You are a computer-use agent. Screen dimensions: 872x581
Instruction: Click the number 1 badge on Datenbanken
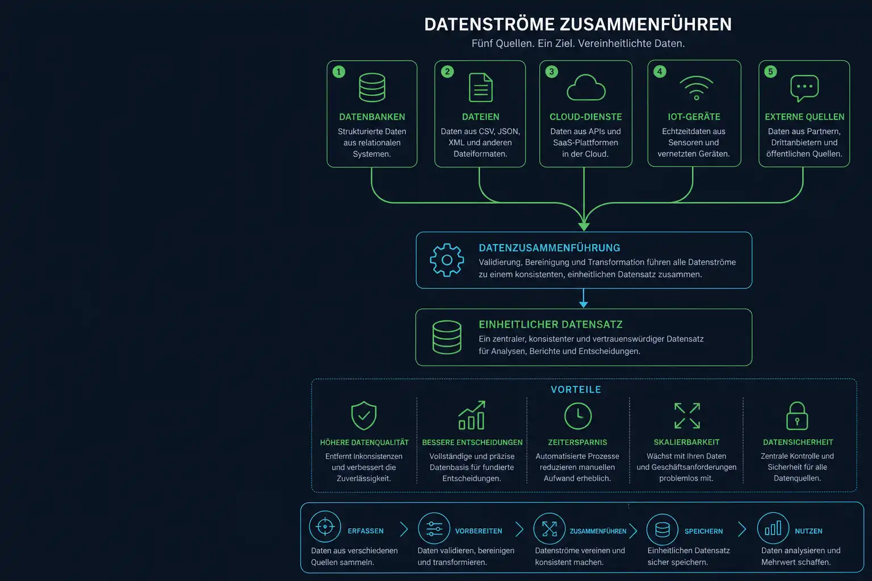(x=339, y=71)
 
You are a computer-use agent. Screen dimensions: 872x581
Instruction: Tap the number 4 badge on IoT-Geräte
(x=660, y=71)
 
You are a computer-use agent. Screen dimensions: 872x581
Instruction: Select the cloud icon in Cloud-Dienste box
(x=586, y=87)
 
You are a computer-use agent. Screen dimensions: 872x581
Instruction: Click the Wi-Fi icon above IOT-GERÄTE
(x=697, y=88)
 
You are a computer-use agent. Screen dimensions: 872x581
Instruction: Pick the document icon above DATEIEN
(x=481, y=87)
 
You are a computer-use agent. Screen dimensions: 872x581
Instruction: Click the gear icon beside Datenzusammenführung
(x=447, y=260)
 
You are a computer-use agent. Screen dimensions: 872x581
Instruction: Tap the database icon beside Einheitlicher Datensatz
(x=447, y=337)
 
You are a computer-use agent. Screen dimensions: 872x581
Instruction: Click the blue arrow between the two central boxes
(x=584, y=298)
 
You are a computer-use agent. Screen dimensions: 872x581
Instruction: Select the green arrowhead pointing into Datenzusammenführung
(x=584, y=226)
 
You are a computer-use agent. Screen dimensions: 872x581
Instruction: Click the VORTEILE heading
(x=576, y=390)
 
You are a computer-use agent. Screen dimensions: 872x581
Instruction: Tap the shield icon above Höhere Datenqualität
(x=363, y=416)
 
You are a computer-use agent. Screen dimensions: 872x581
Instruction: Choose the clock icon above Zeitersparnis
(x=578, y=416)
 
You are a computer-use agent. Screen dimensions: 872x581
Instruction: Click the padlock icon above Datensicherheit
(x=797, y=416)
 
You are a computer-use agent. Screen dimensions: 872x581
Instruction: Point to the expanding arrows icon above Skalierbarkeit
(x=687, y=416)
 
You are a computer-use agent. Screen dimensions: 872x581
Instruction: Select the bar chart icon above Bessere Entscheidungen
(x=471, y=415)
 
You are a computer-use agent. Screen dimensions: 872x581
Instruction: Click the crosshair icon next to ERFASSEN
(x=325, y=527)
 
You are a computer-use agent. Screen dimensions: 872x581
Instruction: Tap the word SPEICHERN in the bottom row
(x=703, y=531)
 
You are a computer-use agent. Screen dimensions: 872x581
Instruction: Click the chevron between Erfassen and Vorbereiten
(x=404, y=529)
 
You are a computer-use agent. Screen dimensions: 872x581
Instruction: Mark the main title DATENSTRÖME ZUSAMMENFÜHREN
(x=578, y=24)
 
